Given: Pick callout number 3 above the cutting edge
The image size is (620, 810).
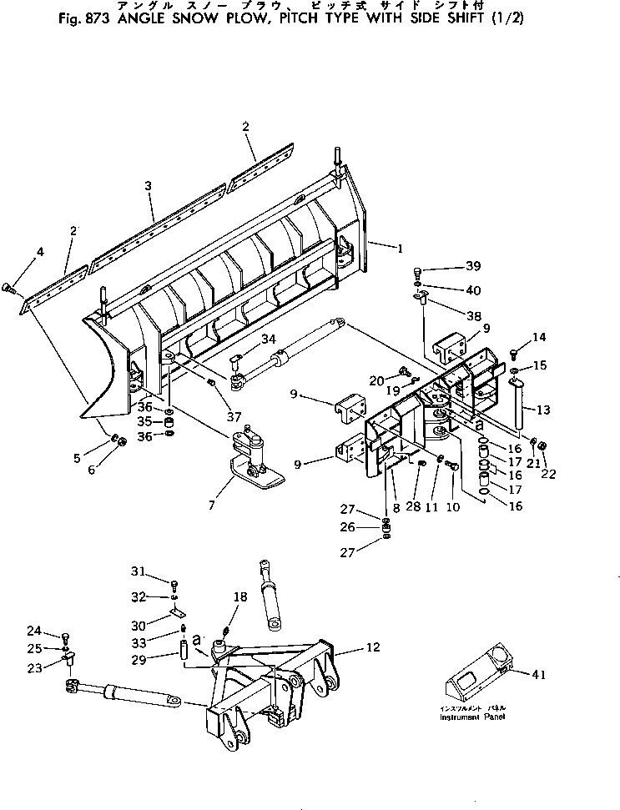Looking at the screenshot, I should [x=148, y=186].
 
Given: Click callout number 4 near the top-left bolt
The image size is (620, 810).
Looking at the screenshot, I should [x=40, y=251].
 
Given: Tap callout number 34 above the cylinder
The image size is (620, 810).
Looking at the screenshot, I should [x=268, y=338].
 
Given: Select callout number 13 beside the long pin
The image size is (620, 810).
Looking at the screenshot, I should [x=544, y=410].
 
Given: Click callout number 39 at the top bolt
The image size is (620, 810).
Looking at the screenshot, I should [x=473, y=266].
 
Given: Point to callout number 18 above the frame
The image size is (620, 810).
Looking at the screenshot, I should [x=240, y=597].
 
